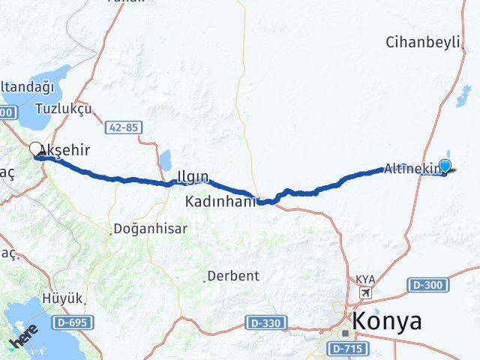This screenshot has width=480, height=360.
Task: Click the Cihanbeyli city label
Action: pos(421,42)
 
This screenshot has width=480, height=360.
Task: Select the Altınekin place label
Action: pos(409,169)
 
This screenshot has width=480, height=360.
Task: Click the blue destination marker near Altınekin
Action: pos(445,166)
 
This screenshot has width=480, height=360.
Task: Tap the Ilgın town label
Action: pos(193,178)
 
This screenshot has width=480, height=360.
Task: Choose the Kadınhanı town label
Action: pos(223,201)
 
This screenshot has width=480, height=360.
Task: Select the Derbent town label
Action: pos(233,275)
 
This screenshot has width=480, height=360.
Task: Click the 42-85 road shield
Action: pos(123,127)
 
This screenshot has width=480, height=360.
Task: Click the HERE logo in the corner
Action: pos(23,340)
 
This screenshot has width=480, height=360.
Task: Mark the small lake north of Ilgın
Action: pos(164,160)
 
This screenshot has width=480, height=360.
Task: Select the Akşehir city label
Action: pos(66,150)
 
